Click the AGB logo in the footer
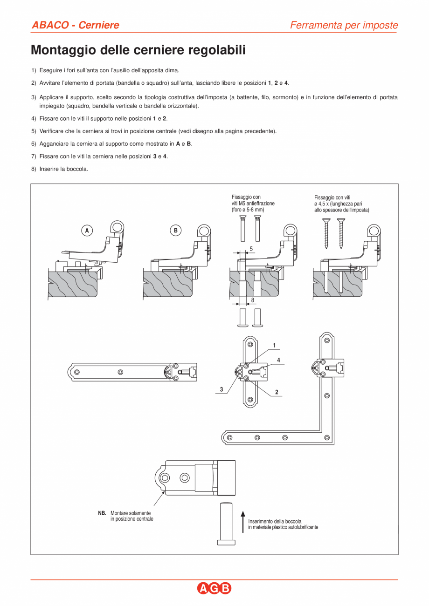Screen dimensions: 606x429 (214, 589)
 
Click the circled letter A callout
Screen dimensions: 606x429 (86, 230)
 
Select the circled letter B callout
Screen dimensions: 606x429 (175, 230)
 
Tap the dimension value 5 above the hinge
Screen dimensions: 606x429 (251, 249)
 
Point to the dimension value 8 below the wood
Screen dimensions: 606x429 (253, 300)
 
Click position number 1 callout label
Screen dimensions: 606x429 (274, 345)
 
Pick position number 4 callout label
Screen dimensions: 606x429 (278, 360)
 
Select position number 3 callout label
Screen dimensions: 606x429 (221, 389)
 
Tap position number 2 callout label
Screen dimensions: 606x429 (277, 392)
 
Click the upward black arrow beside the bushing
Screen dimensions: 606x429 (242, 521)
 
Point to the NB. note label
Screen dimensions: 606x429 (102, 513)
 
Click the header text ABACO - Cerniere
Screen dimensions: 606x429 (75, 25)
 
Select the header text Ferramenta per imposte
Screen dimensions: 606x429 (344, 25)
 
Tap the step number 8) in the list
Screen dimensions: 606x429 (34, 169)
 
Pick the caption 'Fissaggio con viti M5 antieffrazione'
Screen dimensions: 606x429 (253, 203)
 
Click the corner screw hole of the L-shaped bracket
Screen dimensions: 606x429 (327, 437)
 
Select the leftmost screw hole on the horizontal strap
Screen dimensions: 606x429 (77, 372)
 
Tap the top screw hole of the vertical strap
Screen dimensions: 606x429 (250, 344)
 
